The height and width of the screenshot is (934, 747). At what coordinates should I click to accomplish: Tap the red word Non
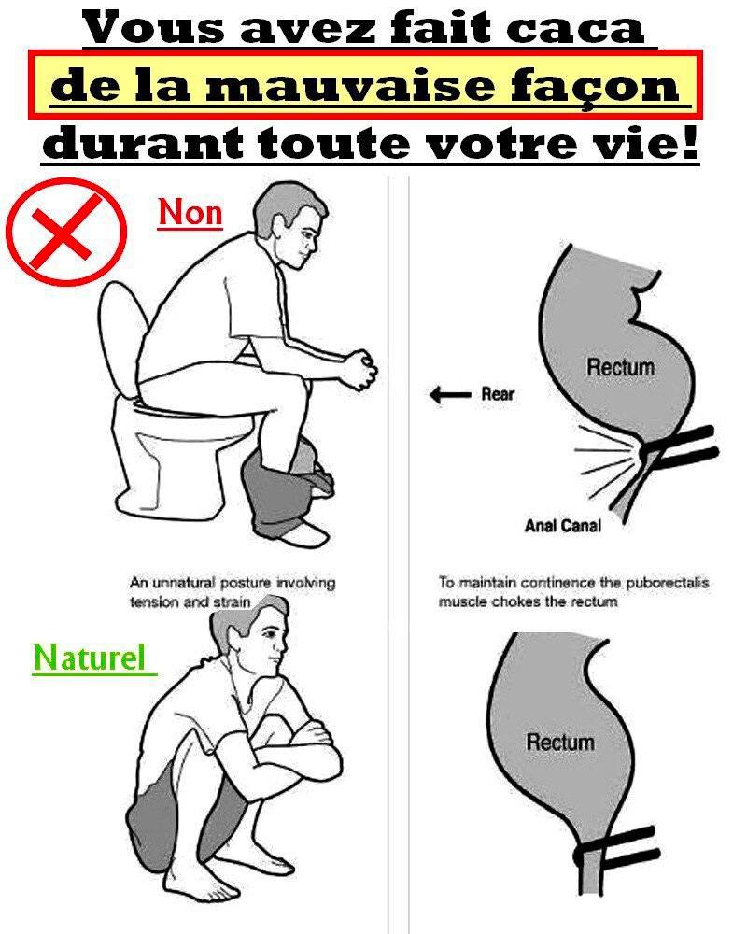(190, 213)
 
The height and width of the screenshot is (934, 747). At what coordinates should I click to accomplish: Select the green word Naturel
(90, 658)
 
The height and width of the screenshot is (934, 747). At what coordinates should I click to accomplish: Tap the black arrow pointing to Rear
(450, 394)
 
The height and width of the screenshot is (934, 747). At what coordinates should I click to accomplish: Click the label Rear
(498, 394)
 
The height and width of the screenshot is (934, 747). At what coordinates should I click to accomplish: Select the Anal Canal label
(563, 525)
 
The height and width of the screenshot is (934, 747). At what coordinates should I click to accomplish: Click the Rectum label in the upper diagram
(621, 366)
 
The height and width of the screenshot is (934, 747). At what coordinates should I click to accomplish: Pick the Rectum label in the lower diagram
(560, 743)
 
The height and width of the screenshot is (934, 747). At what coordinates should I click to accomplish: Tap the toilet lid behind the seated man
(122, 340)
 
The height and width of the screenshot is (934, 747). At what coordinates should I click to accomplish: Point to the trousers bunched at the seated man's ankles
(286, 484)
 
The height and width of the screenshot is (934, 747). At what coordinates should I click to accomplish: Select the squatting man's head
(253, 633)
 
